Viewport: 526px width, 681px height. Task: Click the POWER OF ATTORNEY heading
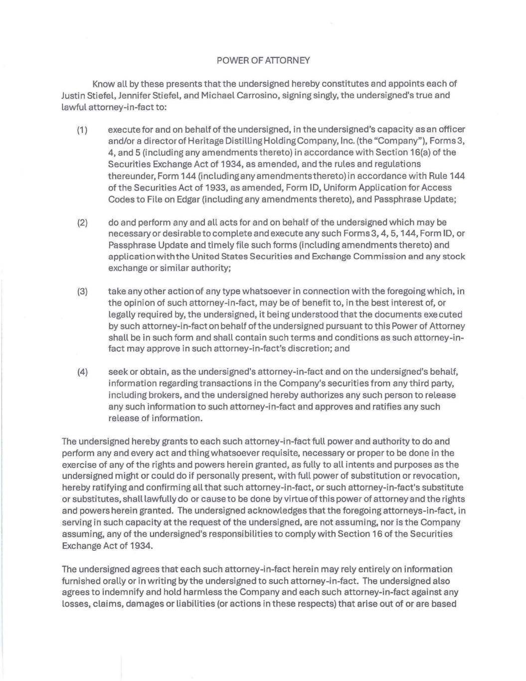[x=263, y=60]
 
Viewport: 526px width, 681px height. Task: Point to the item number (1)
[x=83, y=130]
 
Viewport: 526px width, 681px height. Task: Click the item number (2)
[x=83, y=223]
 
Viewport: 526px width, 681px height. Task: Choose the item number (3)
[x=83, y=291]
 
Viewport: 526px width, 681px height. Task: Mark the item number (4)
[x=83, y=372]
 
